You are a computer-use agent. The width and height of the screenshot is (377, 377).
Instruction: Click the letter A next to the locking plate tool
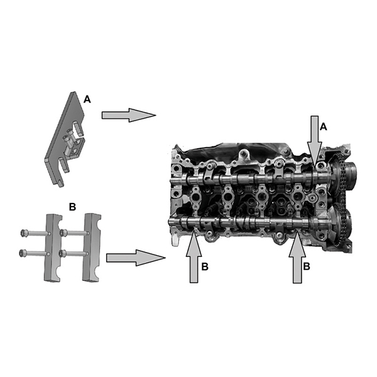pyautogui.click(x=87, y=99)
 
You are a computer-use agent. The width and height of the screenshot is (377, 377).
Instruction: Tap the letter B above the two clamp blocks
pyautogui.click(x=72, y=207)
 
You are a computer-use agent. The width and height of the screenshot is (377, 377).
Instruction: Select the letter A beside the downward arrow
pyautogui.click(x=324, y=127)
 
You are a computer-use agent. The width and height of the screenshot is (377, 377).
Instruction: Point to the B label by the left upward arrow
pyautogui.click(x=205, y=266)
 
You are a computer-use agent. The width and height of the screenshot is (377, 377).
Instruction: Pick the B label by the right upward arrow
pyautogui.click(x=307, y=266)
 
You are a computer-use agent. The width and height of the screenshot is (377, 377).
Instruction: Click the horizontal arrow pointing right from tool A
pyautogui.click(x=129, y=115)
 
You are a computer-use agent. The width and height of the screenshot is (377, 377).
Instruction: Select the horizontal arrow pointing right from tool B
pyautogui.click(x=136, y=258)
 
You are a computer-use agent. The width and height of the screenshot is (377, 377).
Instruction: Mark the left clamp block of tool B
pyautogui.click(x=53, y=248)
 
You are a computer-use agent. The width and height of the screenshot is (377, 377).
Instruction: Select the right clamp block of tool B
pyautogui.click(x=91, y=247)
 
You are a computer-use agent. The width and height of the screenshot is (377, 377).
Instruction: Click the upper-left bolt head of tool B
pyautogui.click(x=24, y=233)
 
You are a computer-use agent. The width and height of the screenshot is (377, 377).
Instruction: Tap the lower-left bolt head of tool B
pyautogui.click(x=23, y=253)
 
